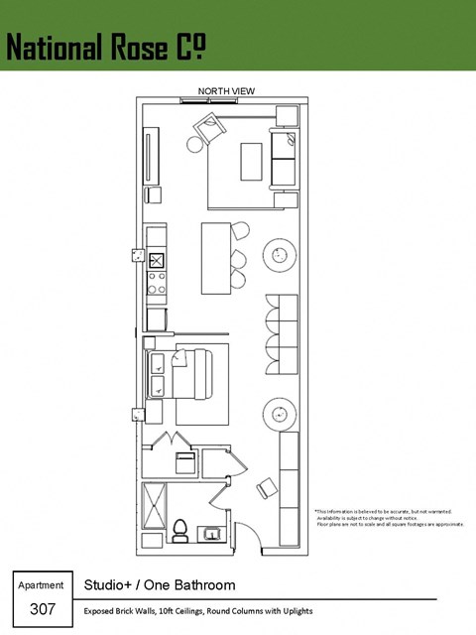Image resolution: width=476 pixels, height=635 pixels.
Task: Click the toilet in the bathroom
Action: pos(180,530)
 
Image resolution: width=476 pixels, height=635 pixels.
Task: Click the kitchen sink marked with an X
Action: pos(156,260)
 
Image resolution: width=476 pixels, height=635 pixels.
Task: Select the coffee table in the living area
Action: pos(250,163)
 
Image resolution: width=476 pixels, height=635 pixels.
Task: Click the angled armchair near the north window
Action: pos(210,128)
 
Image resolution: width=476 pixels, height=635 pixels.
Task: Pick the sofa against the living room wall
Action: pos(283,159)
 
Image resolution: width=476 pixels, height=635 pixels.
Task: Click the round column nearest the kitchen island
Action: pos(281,255)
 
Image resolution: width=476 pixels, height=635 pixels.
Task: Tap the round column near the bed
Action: pos(280,412)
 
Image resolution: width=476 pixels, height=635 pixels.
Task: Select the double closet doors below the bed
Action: pos(175,441)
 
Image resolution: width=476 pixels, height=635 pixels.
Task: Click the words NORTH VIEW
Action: pos(226,91)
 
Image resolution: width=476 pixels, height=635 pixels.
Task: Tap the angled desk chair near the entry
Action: pos(267,488)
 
